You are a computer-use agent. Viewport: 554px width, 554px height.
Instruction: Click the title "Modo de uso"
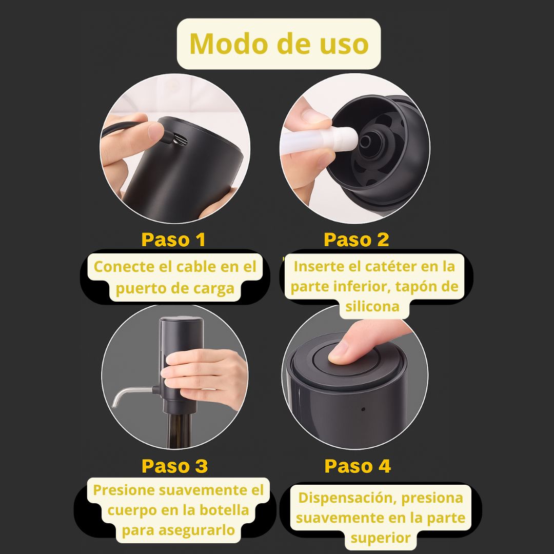tap(279, 44)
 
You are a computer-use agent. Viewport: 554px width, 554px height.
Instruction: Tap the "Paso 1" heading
tap(173, 240)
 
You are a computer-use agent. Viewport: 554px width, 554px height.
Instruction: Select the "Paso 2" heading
tap(356, 240)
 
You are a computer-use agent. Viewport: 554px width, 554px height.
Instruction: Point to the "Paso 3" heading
tap(174, 466)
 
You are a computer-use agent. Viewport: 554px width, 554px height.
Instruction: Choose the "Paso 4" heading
tap(358, 466)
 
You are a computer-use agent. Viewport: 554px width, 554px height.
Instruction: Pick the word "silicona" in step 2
tap(372, 306)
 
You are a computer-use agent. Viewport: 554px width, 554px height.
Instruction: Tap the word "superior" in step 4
tap(380, 538)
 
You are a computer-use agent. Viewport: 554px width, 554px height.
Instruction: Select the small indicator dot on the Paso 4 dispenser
tap(363, 409)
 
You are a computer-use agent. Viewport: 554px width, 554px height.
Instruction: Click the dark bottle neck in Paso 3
tap(179, 430)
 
